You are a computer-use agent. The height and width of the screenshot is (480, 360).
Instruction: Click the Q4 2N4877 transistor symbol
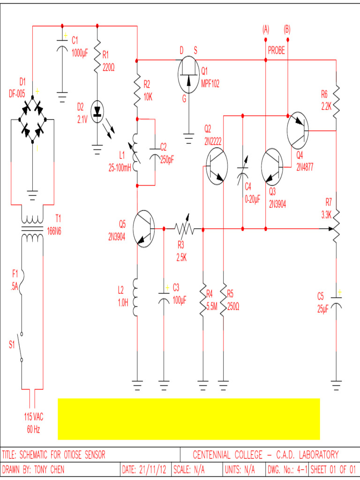tap(297, 129)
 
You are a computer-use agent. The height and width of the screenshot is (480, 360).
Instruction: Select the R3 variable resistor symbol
tap(184, 229)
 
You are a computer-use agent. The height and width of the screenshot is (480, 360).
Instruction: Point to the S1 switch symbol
tap(21, 346)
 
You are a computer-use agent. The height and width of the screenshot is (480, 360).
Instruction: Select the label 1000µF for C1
tap(80, 53)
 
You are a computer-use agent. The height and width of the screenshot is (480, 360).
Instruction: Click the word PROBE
tap(277, 51)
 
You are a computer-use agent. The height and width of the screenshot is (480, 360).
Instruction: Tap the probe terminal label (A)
tap(266, 29)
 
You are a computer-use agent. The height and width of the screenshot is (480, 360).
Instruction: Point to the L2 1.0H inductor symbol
tap(136, 297)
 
